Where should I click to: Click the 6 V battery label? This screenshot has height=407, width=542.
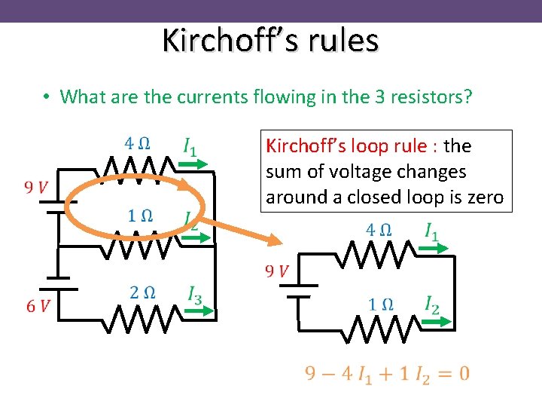(38, 305)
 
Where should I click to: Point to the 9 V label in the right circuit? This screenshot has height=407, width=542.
(276, 271)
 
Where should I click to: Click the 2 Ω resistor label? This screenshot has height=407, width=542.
(142, 292)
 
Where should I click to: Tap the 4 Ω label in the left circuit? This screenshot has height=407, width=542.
(136, 142)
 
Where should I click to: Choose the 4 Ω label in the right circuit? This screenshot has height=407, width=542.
(378, 229)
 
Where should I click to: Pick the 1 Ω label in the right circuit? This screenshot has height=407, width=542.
(380, 304)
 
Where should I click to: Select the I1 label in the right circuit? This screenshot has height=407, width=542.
(431, 231)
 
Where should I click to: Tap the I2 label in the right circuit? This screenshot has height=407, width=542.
(431, 304)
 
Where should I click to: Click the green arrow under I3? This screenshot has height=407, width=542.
(199, 310)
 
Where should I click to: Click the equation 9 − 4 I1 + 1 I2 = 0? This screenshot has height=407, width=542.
(387, 373)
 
